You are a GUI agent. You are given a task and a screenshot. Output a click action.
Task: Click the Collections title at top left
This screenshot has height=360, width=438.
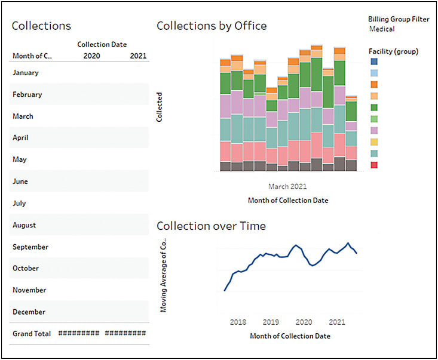click(41, 26)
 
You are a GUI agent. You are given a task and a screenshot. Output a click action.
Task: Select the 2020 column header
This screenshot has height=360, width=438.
click(92, 56)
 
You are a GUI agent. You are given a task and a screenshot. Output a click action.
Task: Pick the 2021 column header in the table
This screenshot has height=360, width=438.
click(138, 56)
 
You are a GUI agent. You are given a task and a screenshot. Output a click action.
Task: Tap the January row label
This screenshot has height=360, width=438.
click(25, 73)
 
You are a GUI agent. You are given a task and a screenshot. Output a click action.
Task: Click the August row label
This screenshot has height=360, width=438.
click(24, 225)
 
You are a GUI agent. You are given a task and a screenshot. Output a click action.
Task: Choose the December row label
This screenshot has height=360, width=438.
click(29, 312)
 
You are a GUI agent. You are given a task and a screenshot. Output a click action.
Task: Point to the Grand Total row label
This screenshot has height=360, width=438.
click(32, 334)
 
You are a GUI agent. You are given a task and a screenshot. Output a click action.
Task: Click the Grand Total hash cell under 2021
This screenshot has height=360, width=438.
click(125, 334)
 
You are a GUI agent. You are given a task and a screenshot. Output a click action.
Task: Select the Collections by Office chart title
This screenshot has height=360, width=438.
click(212, 26)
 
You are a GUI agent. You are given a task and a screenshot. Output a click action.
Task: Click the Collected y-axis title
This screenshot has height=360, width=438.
click(160, 107)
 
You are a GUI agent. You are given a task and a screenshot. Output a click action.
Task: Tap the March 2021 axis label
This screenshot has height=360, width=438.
click(287, 186)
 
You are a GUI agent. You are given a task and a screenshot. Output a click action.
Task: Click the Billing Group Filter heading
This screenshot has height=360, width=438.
click(399, 19)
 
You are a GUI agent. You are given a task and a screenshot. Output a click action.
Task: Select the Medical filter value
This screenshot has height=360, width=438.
click(382, 29)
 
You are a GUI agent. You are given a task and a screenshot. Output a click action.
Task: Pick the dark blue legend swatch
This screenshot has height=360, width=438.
click(374, 61)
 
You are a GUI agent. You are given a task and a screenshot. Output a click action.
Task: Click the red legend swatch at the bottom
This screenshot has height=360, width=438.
click(374, 164)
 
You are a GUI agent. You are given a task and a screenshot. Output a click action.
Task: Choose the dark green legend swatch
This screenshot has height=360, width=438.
click(374, 107)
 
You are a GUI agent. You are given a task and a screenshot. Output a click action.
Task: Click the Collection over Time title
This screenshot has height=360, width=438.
click(211, 226)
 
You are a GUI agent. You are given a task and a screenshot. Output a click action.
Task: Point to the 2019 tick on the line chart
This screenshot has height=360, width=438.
click(271, 321)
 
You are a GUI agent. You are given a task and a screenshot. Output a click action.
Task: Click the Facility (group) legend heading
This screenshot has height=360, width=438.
click(393, 51)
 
